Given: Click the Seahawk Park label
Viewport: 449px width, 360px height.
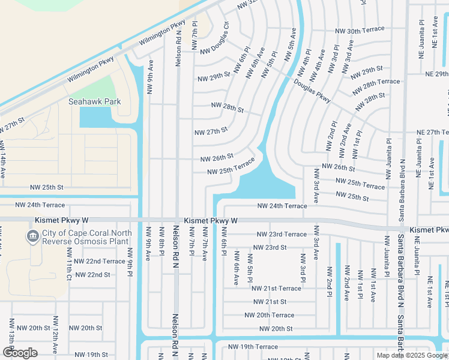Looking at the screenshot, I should coord(94,101).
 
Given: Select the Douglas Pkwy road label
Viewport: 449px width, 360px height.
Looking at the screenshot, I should coord(312,92).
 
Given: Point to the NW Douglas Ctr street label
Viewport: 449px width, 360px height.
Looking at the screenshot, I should coord(215,38).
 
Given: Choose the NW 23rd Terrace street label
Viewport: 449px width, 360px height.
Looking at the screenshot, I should coord(282,234).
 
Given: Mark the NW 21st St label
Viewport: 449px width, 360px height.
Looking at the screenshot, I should coord(270,302).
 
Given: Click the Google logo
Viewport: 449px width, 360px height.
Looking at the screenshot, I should coord(20,353).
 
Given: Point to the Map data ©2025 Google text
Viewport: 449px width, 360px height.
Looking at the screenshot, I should coord(412,355).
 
